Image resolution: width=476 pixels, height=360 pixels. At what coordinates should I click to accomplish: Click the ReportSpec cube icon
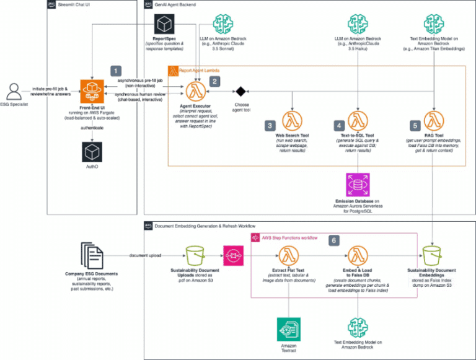(164, 24)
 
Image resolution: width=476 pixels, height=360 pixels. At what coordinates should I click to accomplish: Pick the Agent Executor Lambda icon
(197, 92)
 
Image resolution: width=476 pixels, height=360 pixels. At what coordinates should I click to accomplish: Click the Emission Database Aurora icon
(358, 185)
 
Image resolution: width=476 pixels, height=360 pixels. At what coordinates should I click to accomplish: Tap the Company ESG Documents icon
(91, 255)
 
